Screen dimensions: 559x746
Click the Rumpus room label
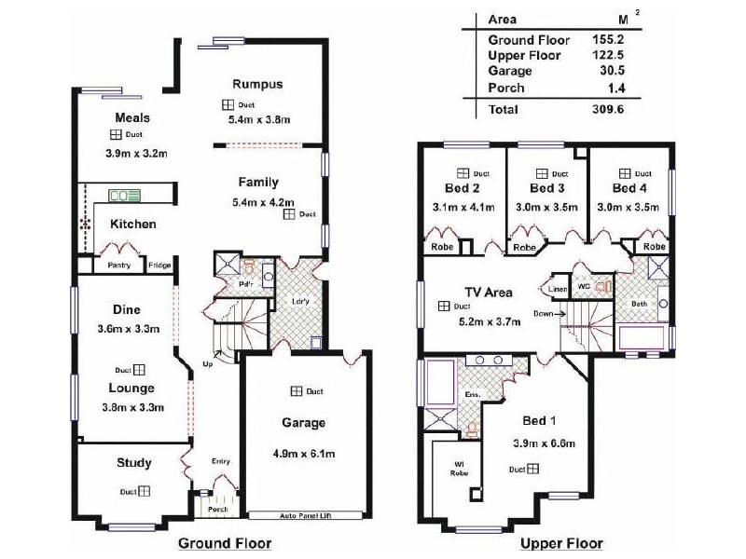257,85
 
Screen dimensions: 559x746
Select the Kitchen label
133,224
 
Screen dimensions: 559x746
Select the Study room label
133,463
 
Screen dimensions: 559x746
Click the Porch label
217,510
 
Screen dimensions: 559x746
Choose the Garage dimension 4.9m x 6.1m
304,454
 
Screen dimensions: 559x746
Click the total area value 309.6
607,109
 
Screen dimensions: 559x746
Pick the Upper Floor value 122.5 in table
607,56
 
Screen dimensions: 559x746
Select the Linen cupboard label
558,289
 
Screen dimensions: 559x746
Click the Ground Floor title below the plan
224,542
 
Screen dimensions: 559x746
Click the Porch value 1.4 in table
614,88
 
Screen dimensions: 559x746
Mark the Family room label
257,182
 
